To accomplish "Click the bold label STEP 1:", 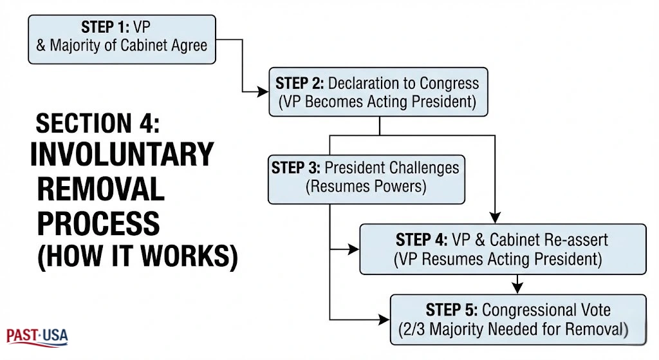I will [104, 27].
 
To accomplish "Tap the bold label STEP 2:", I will [300, 83].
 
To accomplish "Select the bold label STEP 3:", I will [295, 168].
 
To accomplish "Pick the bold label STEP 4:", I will [422, 240].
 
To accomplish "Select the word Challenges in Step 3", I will [425, 168].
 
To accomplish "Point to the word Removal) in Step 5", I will [595, 330].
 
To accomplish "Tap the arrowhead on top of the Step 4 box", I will [495, 217].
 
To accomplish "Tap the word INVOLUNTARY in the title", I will [122, 155].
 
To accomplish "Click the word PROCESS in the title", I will [98, 222].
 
